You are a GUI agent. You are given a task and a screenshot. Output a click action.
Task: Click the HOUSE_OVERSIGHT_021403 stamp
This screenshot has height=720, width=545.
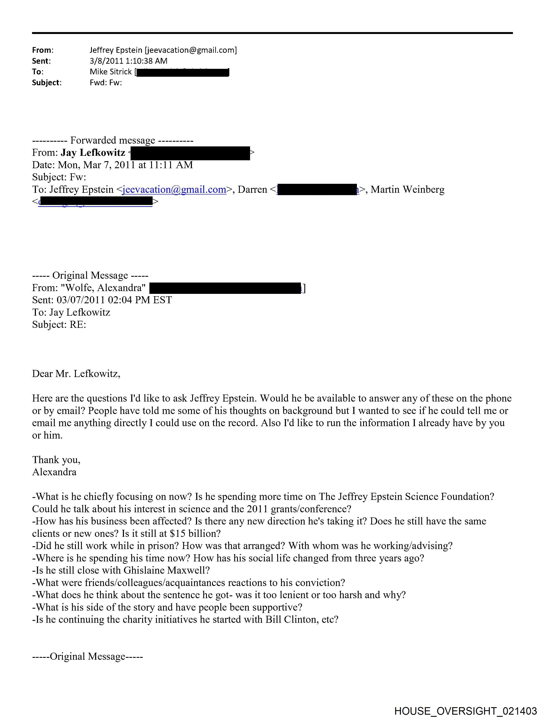point(465,711)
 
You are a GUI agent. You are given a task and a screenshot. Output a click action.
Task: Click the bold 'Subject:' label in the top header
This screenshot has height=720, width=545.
point(47,83)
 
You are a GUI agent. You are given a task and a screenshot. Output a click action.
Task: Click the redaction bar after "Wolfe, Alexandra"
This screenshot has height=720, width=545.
point(225,288)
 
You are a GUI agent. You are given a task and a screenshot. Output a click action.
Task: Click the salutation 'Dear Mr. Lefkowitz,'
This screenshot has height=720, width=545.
point(76,374)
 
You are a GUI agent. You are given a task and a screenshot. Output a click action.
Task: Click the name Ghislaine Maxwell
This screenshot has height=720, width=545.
point(166,570)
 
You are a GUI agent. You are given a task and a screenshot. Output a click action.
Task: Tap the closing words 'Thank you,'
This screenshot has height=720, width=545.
point(56,460)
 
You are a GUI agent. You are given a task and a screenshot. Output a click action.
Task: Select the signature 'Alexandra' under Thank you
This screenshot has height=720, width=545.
point(54,472)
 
